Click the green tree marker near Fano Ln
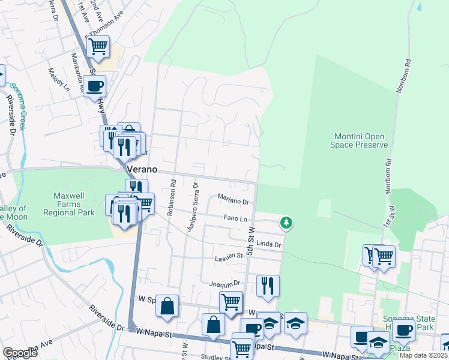click(287, 223)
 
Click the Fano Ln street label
click(235, 219)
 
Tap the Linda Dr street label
click(269, 245)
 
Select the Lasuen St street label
click(229, 258)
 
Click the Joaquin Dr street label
click(224, 283)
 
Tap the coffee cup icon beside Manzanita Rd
click(94, 86)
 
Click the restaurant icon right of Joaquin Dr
click(267, 285)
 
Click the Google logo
click(19, 353)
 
